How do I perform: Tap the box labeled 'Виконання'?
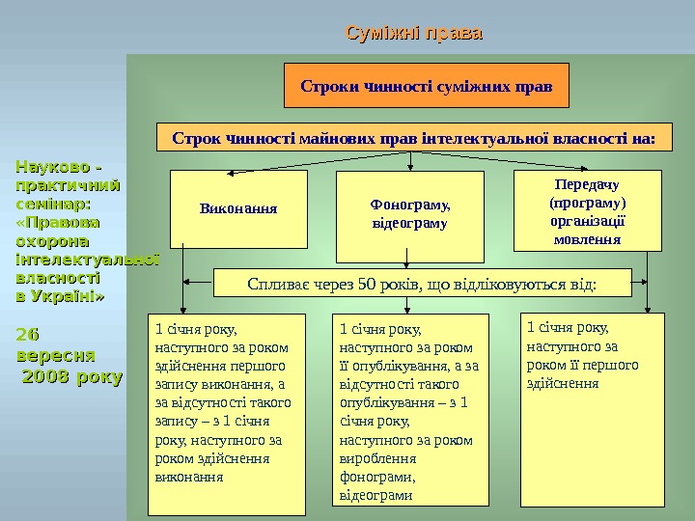pyautogui.click(x=237, y=207)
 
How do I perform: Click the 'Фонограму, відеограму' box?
pyautogui.click(x=410, y=215)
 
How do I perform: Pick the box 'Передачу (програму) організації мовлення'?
pyautogui.click(x=587, y=211)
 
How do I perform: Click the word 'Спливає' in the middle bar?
pyautogui.click(x=277, y=284)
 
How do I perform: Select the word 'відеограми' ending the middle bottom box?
pyautogui.click(x=375, y=496)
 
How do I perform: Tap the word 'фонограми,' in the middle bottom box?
pyautogui.click(x=377, y=477)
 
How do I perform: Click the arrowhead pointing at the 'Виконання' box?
pyautogui.click(x=232, y=174)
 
